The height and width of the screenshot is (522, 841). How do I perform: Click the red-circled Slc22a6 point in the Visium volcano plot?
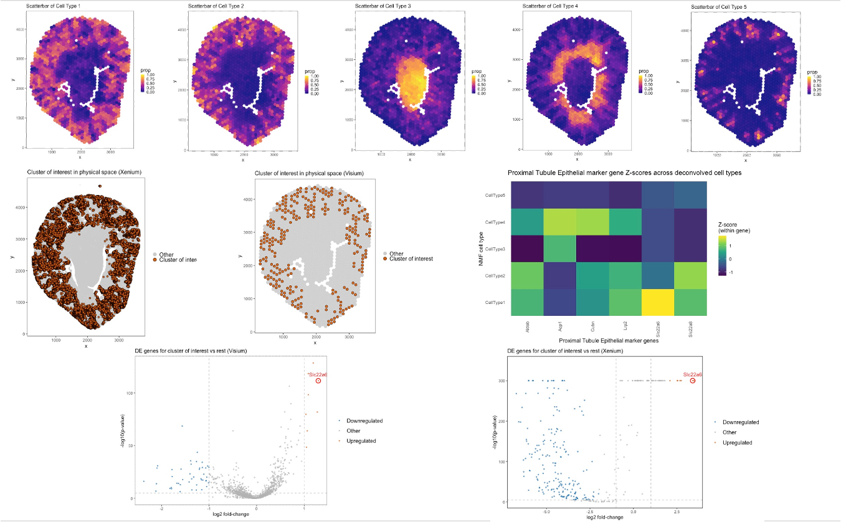[318, 381]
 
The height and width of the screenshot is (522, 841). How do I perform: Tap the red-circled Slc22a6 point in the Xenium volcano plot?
[693, 381]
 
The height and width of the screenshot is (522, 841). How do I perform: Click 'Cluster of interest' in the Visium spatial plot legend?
[411, 259]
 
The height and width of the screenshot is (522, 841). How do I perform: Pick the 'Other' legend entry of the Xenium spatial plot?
[166, 255]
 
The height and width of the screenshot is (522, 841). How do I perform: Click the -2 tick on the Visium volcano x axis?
[161, 508]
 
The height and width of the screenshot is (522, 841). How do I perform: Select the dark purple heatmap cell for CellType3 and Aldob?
[527, 249]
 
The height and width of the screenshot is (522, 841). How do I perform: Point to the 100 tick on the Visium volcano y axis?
[130, 394]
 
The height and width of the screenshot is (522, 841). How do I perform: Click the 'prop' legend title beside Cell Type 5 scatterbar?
[812, 71]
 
